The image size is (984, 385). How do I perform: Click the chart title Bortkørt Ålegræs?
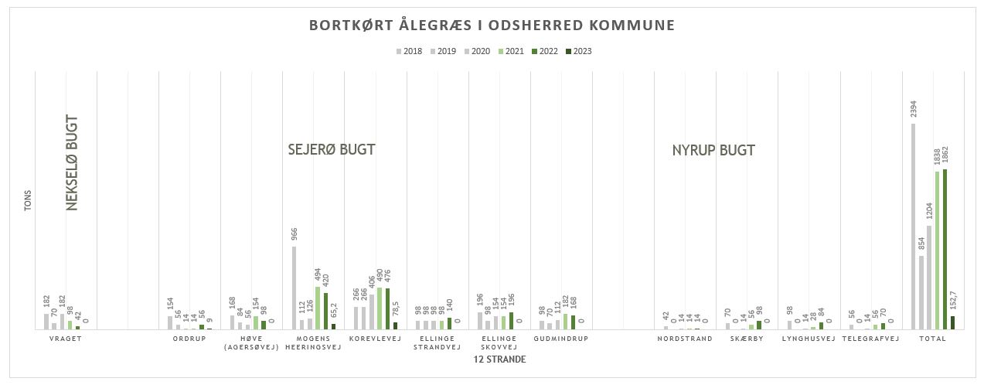click(492, 26)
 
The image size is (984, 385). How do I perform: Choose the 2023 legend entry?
click(579, 52)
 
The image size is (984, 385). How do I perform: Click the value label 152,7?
click(953, 298)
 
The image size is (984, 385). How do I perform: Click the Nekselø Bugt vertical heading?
click(73, 163)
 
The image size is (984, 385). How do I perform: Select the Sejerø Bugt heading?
click(331, 150)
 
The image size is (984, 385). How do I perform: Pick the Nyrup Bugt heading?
click(713, 151)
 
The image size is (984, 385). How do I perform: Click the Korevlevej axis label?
click(375, 339)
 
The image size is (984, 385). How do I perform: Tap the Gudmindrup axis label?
click(561, 339)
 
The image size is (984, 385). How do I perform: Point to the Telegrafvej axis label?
click(870, 339)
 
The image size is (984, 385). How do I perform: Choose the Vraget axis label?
click(65, 339)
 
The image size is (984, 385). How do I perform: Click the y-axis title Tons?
click(28, 201)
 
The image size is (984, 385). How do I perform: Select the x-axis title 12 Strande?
click(499, 359)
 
